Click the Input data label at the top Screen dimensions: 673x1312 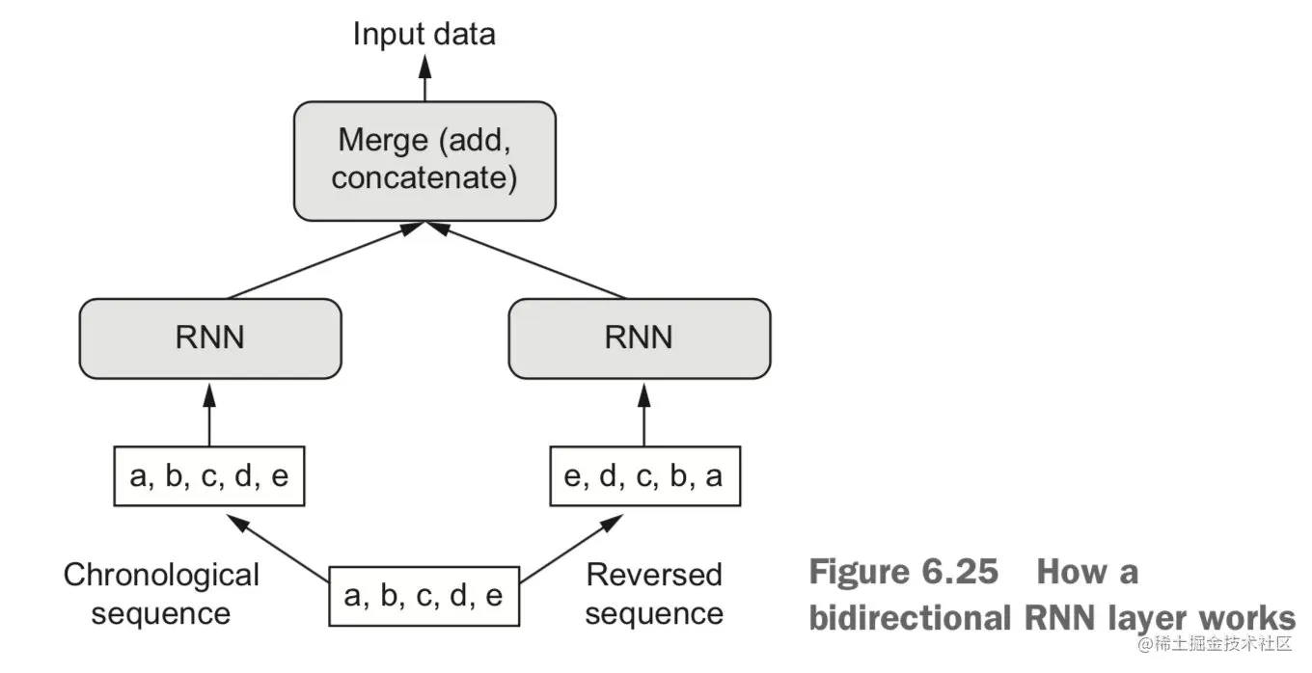pos(424,35)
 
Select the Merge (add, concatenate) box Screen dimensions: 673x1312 pos(424,160)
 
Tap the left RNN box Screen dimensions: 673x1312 pos(210,337)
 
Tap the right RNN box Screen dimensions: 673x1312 pos(639,337)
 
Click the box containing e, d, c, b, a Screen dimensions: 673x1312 pos(644,476)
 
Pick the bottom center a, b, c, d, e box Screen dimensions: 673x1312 pos(424,596)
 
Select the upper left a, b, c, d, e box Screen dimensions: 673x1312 pos(209,476)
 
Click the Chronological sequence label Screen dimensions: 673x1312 pos(161,594)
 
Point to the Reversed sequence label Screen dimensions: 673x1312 pos(654,594)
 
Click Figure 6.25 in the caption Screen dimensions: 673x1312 pos(903,572)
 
